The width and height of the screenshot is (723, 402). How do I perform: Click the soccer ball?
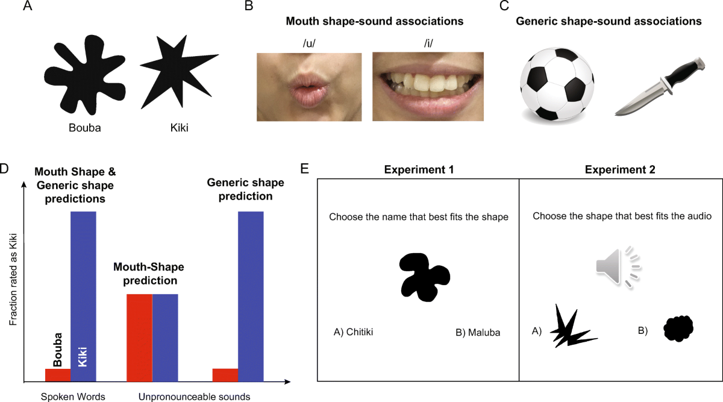click(x=557, y=84)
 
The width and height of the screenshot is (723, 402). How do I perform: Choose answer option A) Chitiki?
click(x=353, y=331)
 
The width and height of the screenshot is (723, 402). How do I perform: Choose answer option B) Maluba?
click(x=479, y=331)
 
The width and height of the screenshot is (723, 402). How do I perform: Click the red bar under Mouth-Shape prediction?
click(x=139, y=338)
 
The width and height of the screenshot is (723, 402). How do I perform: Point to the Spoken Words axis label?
click(x=73, y=397)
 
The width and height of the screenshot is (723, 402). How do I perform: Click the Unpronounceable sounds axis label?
click(x=194, y=397)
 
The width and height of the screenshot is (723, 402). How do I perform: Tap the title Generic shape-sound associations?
click(x=609, y=22)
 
